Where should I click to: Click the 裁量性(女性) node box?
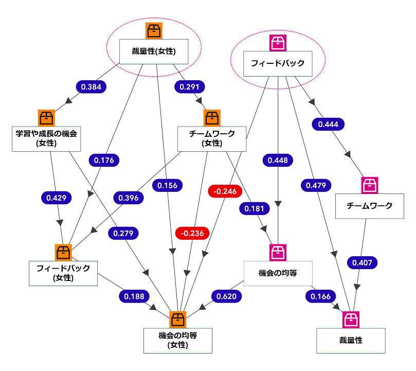pos(153,51)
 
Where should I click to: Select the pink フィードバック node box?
pos(278,64)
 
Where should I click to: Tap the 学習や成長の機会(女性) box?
pos(46,138)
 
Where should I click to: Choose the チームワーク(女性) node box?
pos(212,138)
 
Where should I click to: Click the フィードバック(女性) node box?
pos(63,273)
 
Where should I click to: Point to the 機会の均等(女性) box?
pos(177,340)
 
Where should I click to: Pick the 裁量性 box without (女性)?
pos(351,340)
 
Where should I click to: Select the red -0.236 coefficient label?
pos(190,233)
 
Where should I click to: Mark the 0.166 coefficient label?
pos(321,296)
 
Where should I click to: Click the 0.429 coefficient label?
pos(56,197)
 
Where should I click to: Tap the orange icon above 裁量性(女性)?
pos(154,31)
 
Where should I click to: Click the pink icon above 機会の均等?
pos(278,253)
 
